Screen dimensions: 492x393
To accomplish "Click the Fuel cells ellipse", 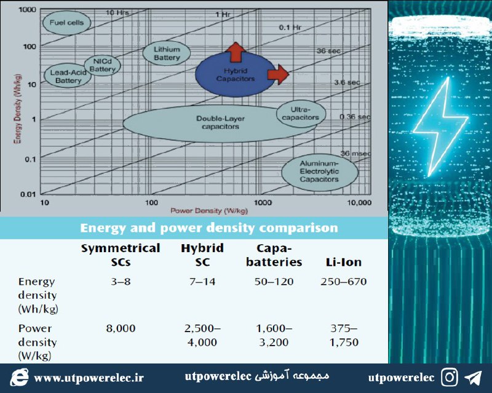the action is tap(66, 23).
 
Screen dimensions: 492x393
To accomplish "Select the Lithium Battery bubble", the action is tap(166, 53).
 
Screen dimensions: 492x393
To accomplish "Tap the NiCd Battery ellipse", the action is tap(102, 65).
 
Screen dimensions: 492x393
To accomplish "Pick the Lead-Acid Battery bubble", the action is tap(68, 76).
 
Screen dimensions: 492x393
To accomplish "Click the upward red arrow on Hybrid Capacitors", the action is tap(236, 52).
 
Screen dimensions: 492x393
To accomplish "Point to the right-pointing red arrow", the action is tap(278, 74).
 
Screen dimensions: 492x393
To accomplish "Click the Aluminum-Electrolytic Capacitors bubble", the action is tap(319, 172).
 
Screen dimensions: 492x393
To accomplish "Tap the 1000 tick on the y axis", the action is tap(28, 9).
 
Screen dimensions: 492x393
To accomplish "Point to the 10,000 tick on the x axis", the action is tap(359, 202).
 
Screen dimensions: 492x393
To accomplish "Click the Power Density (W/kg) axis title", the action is tap(209, 210).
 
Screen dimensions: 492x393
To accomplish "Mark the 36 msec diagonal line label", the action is tap(355, 153).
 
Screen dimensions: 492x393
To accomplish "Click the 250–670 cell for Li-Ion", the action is tap(344, 282).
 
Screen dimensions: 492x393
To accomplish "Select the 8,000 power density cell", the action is tap(121, 328).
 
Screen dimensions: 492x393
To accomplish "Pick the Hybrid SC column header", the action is tap(202, 255).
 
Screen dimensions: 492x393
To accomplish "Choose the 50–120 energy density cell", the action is tap(274, 282).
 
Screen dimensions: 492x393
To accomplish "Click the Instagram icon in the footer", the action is tap(450, 377).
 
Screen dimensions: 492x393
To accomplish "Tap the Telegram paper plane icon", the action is tap(473, 378).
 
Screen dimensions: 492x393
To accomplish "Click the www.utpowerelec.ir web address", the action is tap(89, 378).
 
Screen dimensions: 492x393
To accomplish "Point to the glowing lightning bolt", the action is tap(440, 126).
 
